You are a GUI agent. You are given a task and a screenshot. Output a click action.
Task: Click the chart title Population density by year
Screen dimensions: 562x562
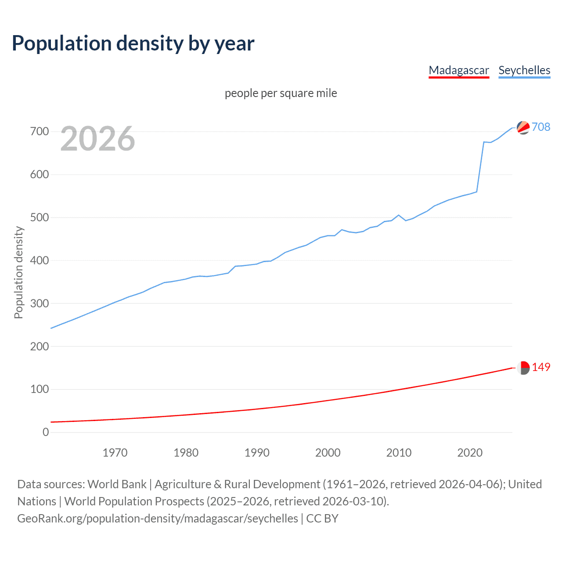tap(133, 43)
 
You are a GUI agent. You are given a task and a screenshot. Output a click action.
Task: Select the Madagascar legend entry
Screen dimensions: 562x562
tap(459, 70)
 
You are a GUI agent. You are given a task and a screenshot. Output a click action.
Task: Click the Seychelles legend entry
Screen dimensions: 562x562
tap(524, 70)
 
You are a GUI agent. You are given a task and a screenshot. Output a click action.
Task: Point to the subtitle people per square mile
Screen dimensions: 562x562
tap(281, 93)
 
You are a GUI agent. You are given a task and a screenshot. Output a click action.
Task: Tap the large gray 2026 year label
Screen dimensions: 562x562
tap(97, 139)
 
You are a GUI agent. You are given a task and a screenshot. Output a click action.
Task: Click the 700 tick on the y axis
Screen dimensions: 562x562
tap(40, 131)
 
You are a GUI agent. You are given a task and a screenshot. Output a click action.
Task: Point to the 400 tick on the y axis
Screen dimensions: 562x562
tap(40, 260)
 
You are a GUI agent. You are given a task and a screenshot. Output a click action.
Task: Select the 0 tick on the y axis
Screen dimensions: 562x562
tap(46, 432)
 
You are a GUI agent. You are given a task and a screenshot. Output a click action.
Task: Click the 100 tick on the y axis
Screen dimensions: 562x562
tap(40, 389)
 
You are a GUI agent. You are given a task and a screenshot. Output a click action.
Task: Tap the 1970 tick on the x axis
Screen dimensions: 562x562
tap(115, 453)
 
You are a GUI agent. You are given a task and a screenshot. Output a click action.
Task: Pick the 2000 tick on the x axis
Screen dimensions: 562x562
tap(328, 453)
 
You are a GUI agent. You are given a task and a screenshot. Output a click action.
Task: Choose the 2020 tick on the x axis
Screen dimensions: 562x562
tap(470, 453)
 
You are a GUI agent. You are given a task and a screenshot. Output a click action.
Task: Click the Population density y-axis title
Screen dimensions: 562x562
tap(18, 272)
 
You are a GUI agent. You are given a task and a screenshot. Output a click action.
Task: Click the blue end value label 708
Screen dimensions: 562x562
tap(541, 127)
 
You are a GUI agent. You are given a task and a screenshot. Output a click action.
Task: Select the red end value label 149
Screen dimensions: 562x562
tap(541, 367)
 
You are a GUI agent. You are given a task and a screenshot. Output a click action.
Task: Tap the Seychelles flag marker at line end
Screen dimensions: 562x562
tap(523, 127)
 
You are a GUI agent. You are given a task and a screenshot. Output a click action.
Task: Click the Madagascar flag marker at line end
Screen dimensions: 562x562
tap(523, 368)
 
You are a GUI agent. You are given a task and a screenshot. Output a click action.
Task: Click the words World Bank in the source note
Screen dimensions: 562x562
tap(117, 484)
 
